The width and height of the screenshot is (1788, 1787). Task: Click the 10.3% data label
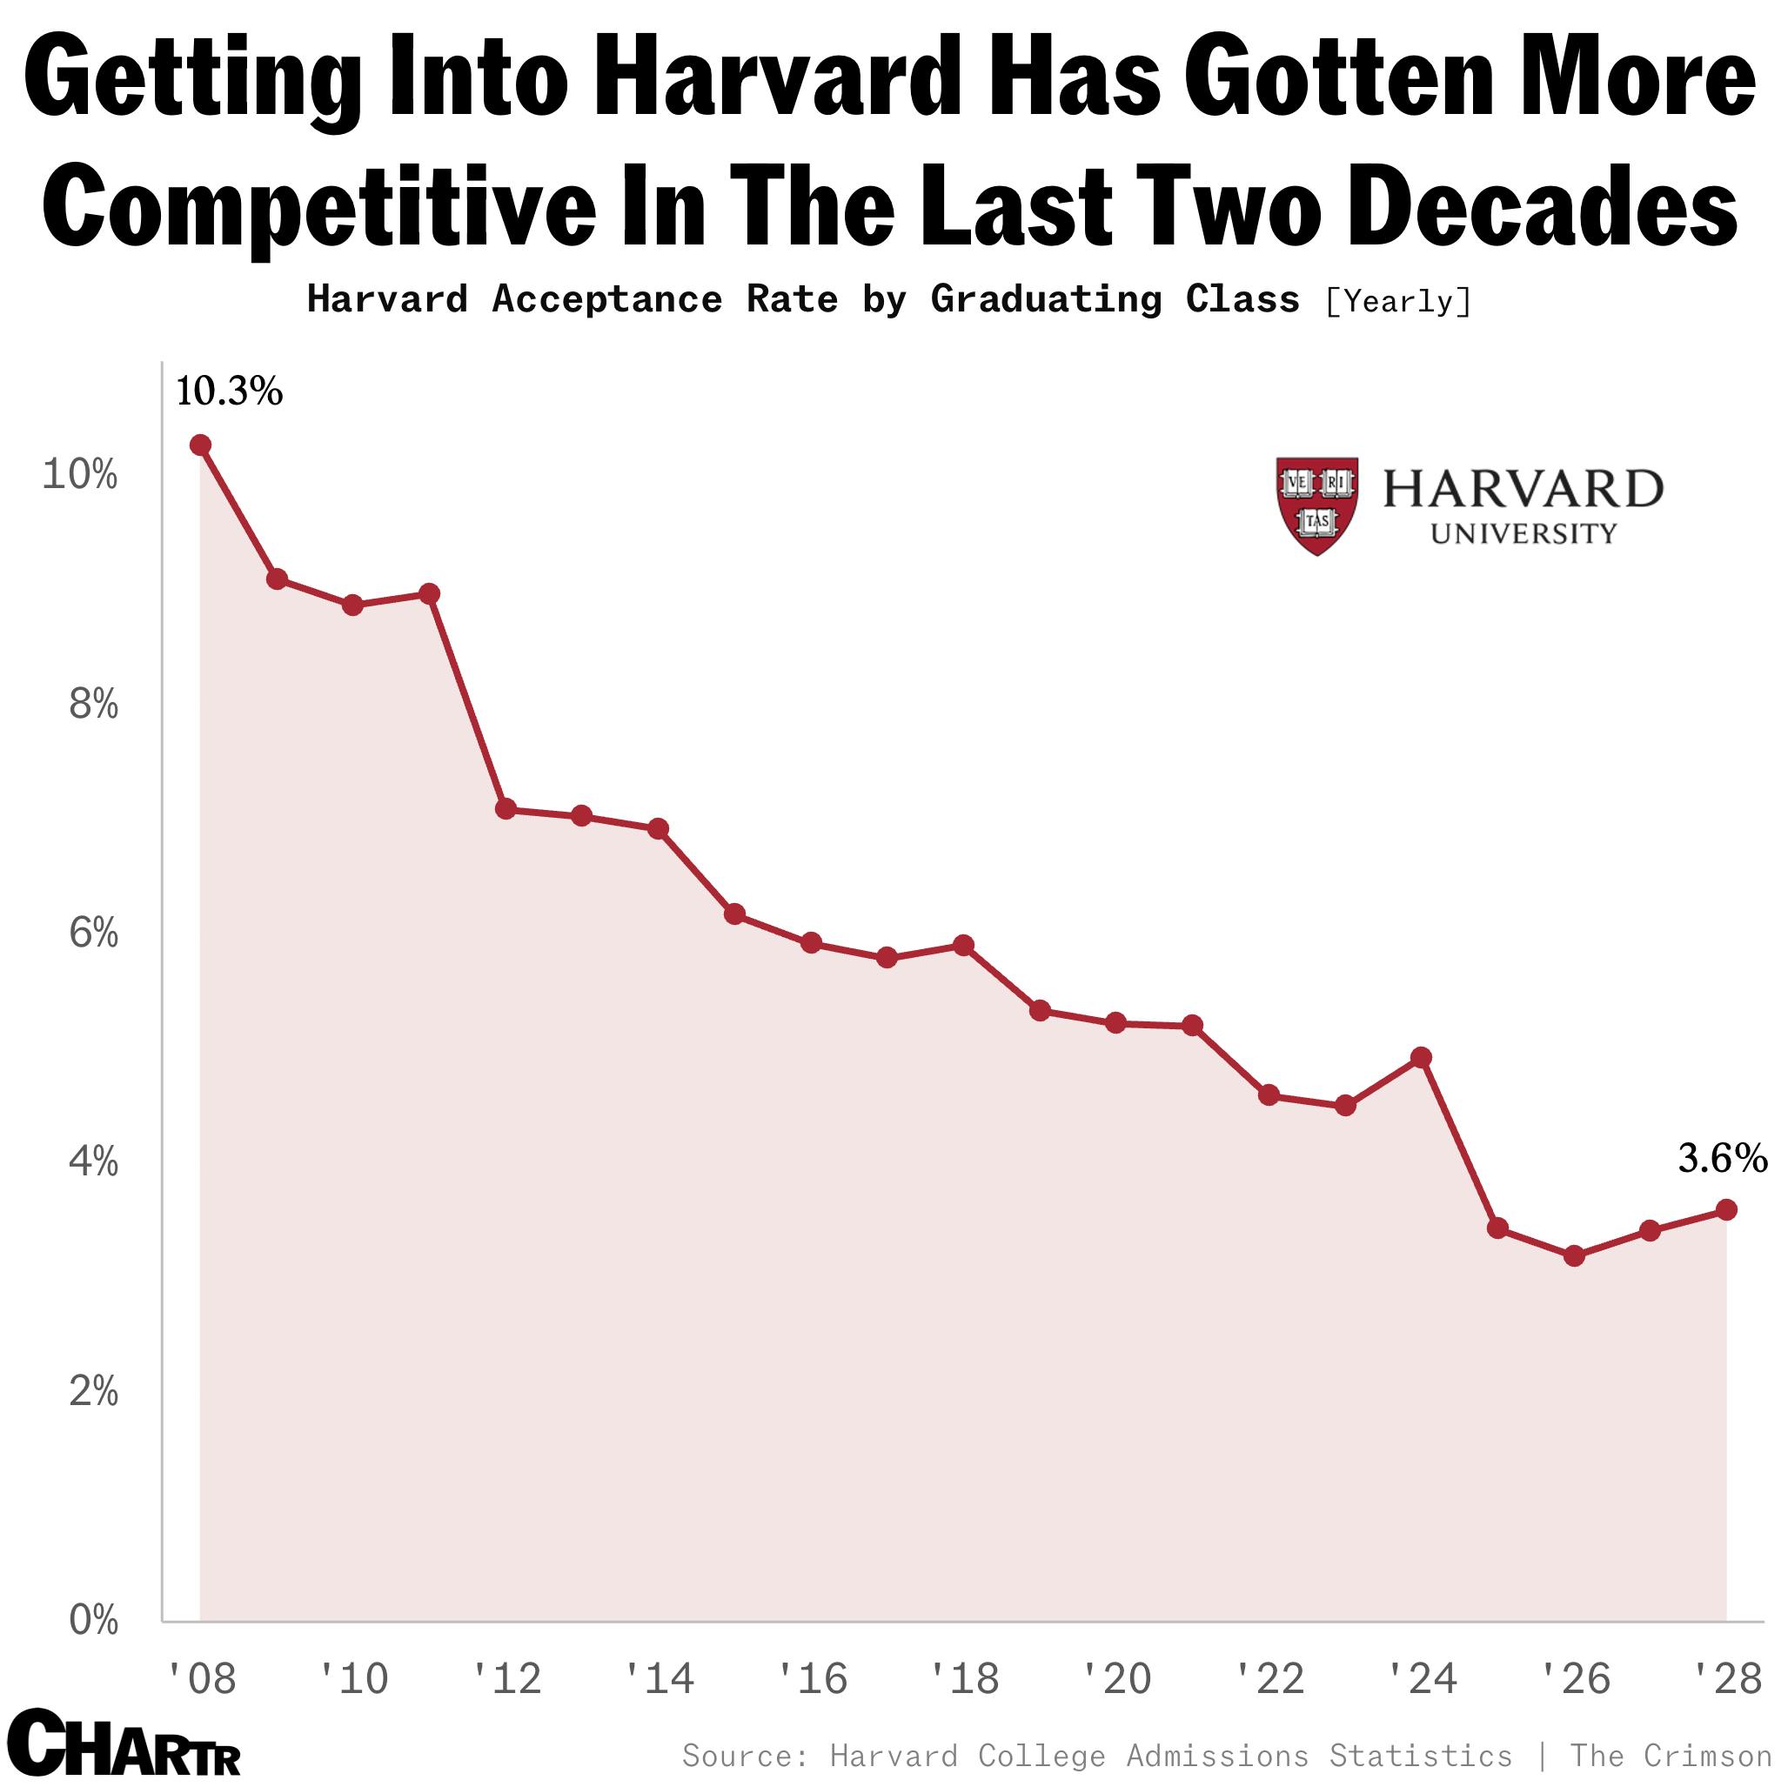229,392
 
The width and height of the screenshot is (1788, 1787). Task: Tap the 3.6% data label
1722,1158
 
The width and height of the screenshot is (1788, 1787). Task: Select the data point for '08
200,445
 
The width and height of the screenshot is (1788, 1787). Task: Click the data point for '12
506,809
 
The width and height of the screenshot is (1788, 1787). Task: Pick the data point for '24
1422,1058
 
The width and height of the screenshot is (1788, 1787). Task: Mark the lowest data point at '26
1574,1255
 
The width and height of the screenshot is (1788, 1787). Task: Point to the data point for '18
963,945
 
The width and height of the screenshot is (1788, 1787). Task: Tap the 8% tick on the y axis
93,706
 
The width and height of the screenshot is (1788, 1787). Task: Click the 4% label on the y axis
93,1162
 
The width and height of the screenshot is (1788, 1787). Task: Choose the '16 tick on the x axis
813,1679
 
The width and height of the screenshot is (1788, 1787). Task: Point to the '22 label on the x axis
1270,1679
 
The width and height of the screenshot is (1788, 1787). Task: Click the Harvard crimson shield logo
1317,505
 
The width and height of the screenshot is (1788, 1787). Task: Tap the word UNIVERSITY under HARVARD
1523,534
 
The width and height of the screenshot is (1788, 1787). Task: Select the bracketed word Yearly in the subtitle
1397,302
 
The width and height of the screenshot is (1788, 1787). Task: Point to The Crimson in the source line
1670,1756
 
